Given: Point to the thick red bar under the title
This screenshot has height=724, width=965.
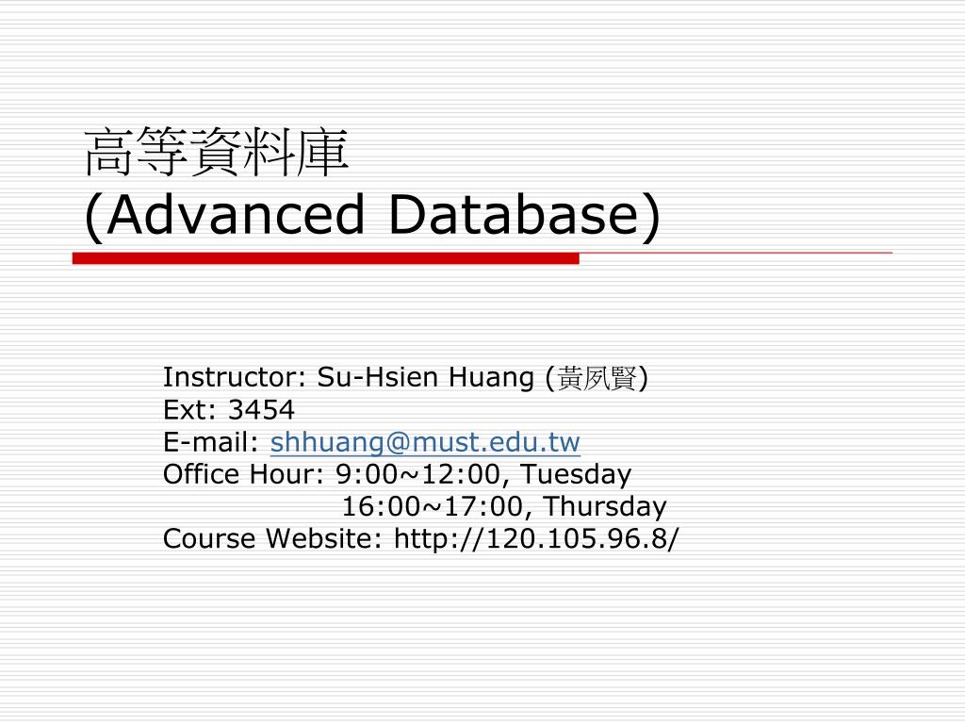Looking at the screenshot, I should click(325, 258).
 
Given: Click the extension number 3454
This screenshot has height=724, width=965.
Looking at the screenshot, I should click(261, 410).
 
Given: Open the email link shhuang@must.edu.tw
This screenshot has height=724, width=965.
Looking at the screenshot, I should click(425, 442).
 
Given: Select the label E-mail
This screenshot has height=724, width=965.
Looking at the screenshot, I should click(210, 442).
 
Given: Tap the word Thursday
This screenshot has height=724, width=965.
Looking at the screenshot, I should click(606, 506).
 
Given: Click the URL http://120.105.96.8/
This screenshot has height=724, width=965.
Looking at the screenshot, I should click(535, 539).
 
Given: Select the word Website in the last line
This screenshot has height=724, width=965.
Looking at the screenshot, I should click(325, 539).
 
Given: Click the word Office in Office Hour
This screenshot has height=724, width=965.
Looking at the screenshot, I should click(201, 474).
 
